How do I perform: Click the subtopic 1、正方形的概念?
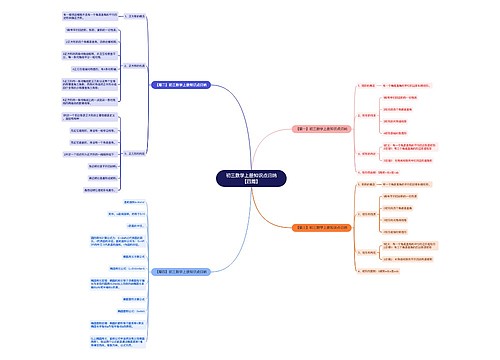point(131,17)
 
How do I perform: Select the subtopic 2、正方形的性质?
point(131,63)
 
